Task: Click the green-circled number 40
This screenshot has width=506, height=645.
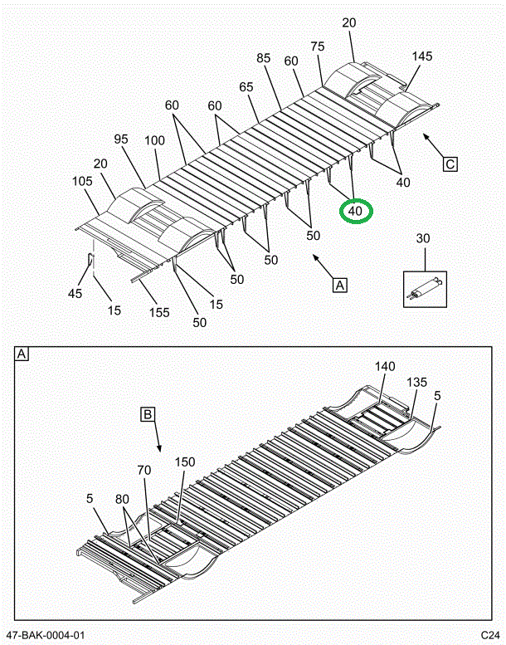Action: click(356, 211)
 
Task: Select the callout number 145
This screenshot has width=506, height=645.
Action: click(422, 56)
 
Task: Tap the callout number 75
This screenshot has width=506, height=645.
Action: click(318, 47)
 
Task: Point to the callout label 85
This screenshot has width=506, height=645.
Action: click(264, 58)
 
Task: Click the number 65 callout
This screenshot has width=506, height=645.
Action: click(246, 86)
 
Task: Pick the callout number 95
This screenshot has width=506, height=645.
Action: click(121, 139)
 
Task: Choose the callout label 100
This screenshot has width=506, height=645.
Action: click(155, 141)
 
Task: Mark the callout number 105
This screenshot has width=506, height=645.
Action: click(81, 181)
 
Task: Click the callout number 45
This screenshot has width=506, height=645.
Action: click(75, 294)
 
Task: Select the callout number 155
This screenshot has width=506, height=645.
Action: click(158, 312)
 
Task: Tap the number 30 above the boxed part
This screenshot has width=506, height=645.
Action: click(423, 239)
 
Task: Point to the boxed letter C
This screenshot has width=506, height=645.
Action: click(450, 164)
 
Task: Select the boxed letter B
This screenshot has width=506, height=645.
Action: click(148, 413)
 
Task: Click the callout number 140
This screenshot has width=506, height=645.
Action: click(385, 366)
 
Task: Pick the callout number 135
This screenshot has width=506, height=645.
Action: click(417, 383)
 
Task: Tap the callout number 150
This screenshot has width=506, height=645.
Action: click(185, 462)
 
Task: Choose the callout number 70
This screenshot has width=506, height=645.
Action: click(145, 470)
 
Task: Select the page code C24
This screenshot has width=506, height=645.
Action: click(489, 636)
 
